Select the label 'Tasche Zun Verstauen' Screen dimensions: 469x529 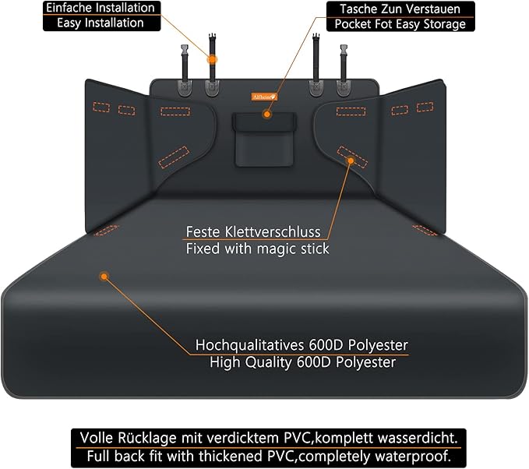click(400, 9)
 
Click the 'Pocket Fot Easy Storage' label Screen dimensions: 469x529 click(400, 24)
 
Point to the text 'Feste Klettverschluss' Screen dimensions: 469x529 click(253, 232)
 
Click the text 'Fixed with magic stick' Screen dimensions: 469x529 click(257, 249)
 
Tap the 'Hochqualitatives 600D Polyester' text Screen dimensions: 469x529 click(302, 345)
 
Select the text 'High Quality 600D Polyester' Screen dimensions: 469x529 click(302, 362)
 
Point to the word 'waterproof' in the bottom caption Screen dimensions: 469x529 click(418, 453)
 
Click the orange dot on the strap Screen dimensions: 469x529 click(212, 59)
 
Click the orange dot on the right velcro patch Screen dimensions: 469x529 click(351, 160)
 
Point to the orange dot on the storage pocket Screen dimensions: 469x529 click(266, 114)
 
